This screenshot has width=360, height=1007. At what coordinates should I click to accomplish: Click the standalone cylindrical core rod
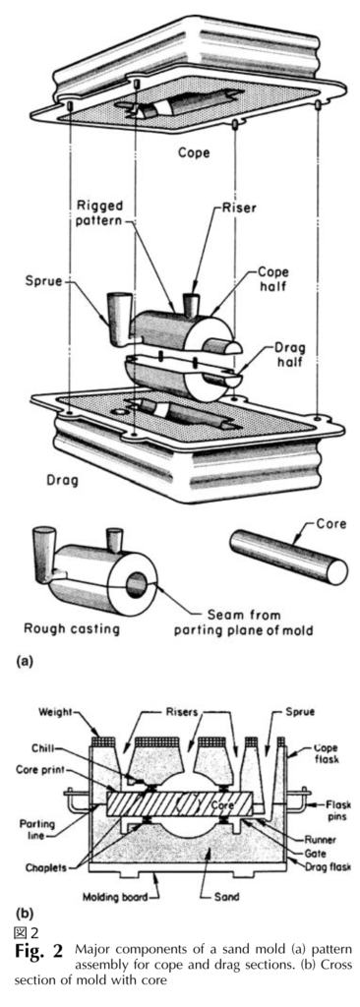click(x=288, y=559)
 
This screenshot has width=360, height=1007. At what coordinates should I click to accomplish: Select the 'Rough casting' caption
click(x=72, y=628)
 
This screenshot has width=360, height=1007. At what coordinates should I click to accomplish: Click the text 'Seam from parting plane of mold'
click(x=244, y=622)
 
